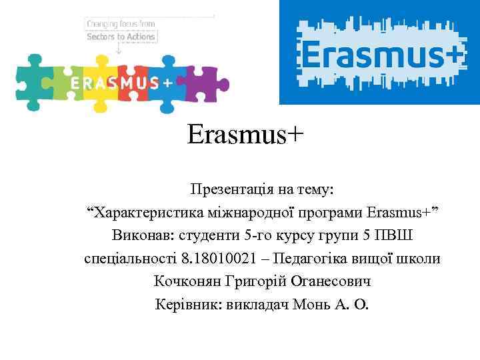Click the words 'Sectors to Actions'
[121, 37]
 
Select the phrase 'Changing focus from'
[120, 24]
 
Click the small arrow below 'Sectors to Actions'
[119, 49]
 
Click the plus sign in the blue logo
[452, 52]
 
